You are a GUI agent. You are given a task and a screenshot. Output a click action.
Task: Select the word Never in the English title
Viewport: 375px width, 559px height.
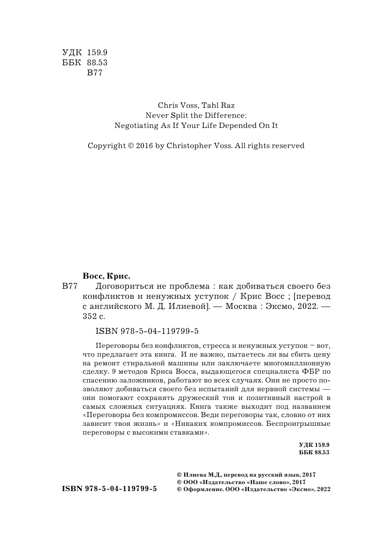click(x=157, y=116)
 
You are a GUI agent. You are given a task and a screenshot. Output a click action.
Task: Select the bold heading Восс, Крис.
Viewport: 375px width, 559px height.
click(x=107, y=276)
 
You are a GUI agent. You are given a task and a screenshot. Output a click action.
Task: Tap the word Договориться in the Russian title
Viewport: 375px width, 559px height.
click(x=117, y=287)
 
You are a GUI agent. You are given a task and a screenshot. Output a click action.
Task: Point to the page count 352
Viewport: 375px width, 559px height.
click(x=90, y=316)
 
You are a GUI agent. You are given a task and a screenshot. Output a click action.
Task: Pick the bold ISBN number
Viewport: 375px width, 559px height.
click(x=110, y=489)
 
